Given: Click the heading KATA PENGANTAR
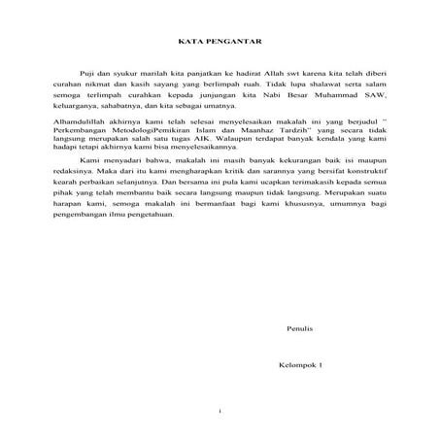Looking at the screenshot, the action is point(220,42).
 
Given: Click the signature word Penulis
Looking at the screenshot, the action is point(298,330).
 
